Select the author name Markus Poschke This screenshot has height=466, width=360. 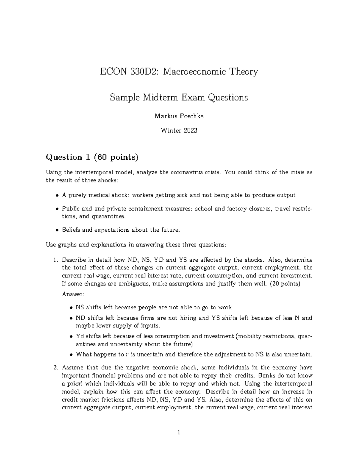179,116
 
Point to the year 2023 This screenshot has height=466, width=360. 190,131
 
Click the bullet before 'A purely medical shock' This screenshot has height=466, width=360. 57,196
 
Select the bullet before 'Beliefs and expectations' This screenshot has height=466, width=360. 57,230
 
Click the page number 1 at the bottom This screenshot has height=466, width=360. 179,433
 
